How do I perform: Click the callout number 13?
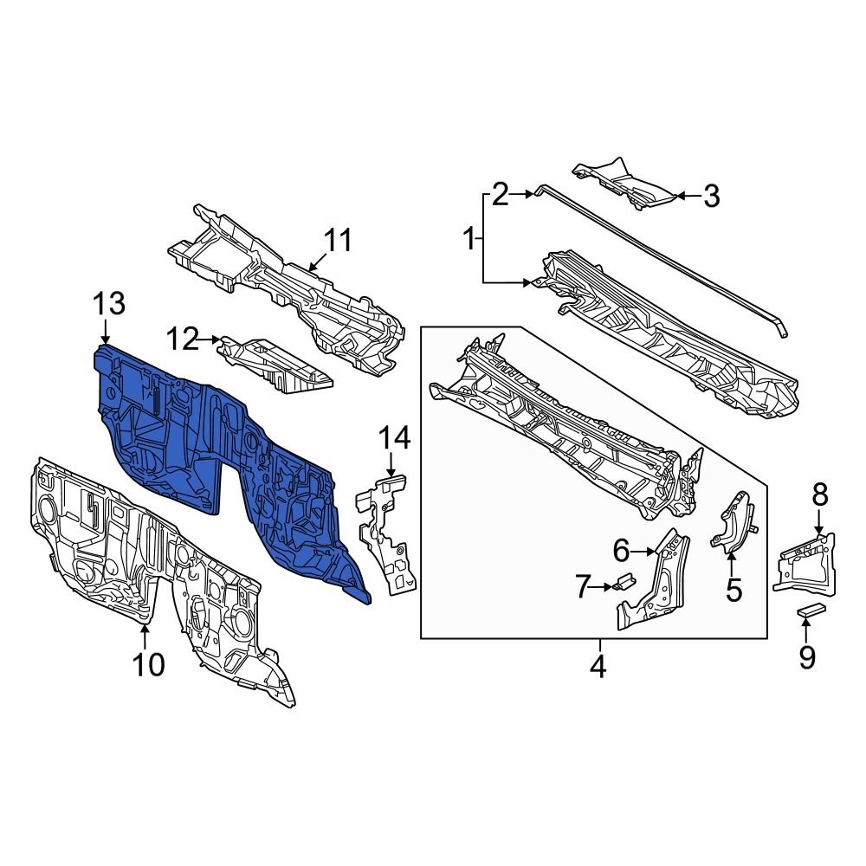[x=110, y=304]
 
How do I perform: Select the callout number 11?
[x=339, y=240]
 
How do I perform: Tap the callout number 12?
[x=184, y=339]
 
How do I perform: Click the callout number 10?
[x=148, y=664]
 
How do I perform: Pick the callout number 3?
[x=710, y=197]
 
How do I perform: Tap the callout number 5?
[x=734, y=591]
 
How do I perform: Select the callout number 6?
[x=621, y=550]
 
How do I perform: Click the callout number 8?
[x=819, y=495]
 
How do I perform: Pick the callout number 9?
[x=807, y=658]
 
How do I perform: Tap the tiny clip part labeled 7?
[x=624, y=582]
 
